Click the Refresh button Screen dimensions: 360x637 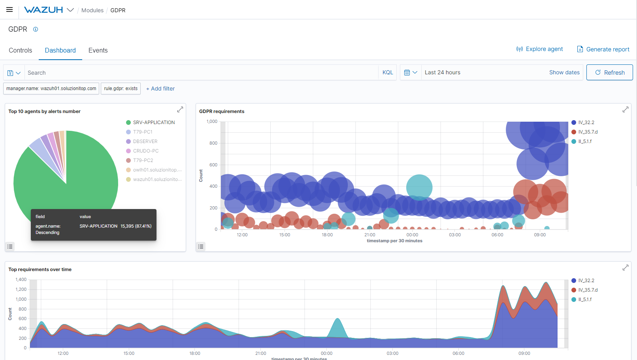(x=609, y=73)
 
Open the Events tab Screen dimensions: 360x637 (x=98, y=51)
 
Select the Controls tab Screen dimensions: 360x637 (x=21, y=51)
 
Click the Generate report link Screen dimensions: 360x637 (x=603, y=49)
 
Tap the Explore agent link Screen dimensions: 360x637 (x=539, y=49)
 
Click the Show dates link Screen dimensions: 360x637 (x=564, y=73)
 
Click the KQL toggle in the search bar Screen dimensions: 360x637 (x=388, y=73)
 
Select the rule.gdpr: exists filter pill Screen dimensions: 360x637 (x=121, y=89)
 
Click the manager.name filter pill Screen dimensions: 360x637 (x=51, y=89)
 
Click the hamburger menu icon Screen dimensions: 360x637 (x=9, y=10)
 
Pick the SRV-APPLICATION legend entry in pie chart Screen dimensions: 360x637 (x=154, y=123)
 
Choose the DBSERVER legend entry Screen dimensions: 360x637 (x=145, y=141)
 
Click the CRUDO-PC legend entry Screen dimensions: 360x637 (x=145, y=151)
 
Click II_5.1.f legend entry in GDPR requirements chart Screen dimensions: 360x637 (x=585, y=141)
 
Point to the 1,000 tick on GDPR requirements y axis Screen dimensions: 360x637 (x=212, y=122)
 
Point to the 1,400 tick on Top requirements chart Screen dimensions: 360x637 (x=21, y=280)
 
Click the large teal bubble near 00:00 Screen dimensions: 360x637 (x=419, y=187)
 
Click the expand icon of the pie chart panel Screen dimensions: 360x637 (x=180, y=109)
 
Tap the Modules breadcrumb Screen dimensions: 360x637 (x=92, y=10)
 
